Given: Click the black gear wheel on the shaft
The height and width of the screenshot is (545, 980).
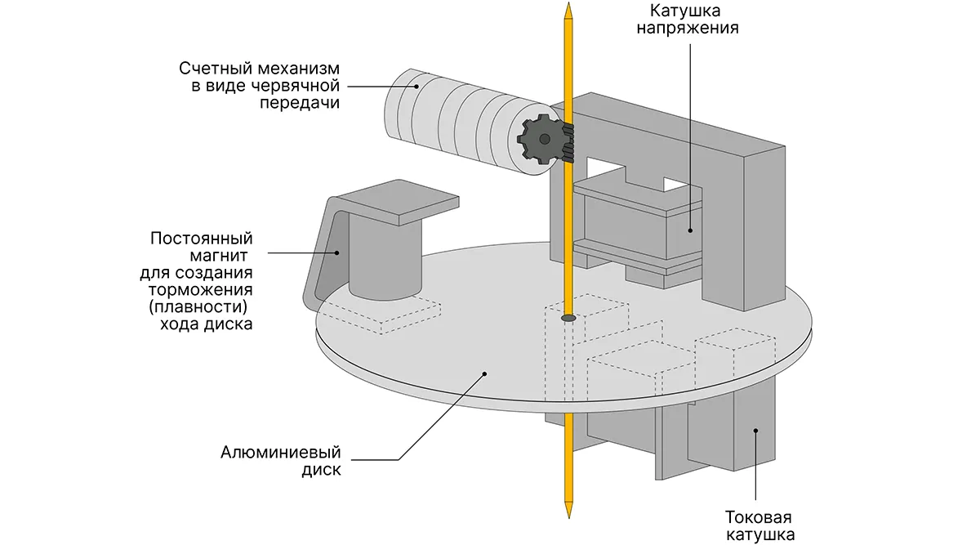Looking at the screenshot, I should (x=541, y=140).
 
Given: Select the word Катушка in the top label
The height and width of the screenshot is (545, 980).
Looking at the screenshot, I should (x=684, y=11).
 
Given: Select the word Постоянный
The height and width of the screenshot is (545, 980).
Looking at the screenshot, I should (x=202, y=239).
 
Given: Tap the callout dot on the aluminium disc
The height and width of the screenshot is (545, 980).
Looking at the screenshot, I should (x=485, y=373).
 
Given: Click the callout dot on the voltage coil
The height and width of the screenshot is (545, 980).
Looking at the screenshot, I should (x=689, y=230).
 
